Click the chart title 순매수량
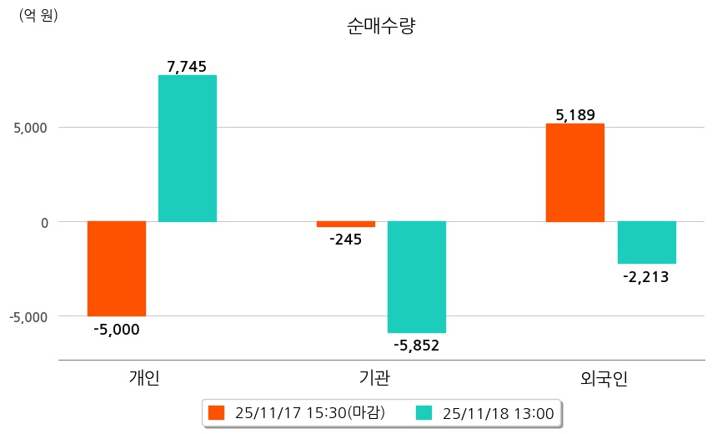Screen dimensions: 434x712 [x=380, y=26]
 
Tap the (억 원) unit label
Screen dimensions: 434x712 [x=38, y=15]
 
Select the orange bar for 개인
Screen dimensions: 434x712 [x=117, y=269]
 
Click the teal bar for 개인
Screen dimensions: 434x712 [x=188, y=149]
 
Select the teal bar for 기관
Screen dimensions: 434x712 [x=417, y=277]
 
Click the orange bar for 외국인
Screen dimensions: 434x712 [x=575, y=173]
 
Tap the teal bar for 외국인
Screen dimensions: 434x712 [x=646, y=242]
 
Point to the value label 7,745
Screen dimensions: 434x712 [x=187, y=67]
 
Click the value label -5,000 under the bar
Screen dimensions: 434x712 [x=116, y=329]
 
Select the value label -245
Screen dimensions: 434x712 [x=346, y=240]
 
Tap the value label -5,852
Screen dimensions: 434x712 [x=417, y=346]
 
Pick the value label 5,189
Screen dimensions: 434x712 [x=575, y=115]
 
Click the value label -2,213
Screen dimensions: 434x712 [x=646, y=276]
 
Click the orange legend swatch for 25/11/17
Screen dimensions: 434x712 [x=217, y=412]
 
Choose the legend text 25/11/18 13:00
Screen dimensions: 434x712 [x=499, y=412]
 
